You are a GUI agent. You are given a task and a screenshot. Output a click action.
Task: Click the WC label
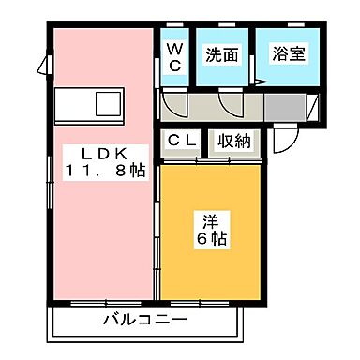(174, 55)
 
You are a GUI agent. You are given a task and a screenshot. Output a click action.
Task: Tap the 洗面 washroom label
(222, 55)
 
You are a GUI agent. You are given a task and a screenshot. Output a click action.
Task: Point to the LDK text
(99, 152)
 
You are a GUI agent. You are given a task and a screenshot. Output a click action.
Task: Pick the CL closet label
(182, 141)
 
